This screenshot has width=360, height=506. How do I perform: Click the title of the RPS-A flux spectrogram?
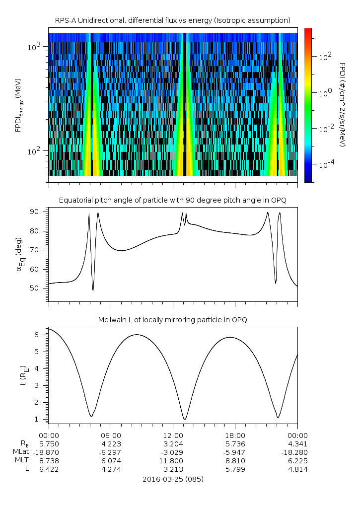coord(172,20)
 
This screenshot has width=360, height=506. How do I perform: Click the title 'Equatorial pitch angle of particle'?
coord(172,200)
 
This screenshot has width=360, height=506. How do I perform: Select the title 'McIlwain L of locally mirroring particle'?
coord(172,320)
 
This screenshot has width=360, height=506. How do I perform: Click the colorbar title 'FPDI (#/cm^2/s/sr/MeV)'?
coord(343,104)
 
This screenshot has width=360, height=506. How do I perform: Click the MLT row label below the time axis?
coord(20,460)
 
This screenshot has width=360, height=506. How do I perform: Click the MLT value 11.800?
coord(173,460)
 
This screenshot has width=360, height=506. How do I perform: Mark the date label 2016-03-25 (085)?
coord(173,479)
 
